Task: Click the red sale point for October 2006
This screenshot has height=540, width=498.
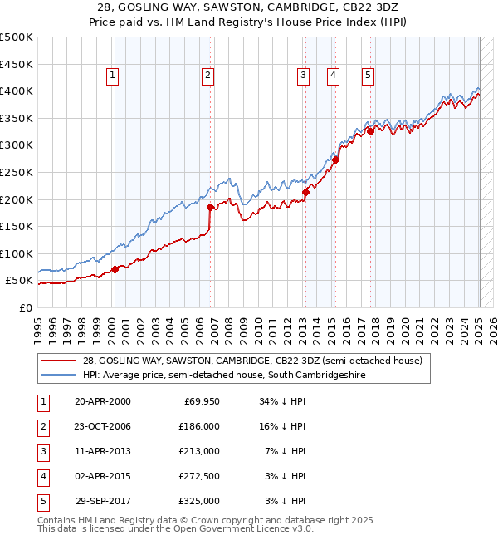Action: coord(211,207)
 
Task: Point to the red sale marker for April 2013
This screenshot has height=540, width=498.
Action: coord(305,192)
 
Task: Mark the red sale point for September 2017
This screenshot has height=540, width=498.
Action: coord(370,131)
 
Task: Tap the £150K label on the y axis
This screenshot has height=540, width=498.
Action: coord(17,226)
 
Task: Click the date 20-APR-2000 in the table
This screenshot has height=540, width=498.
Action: coord(102,401)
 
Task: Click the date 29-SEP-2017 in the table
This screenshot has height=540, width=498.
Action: coord(102,501)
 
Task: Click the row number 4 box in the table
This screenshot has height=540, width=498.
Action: coord(41,476)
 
